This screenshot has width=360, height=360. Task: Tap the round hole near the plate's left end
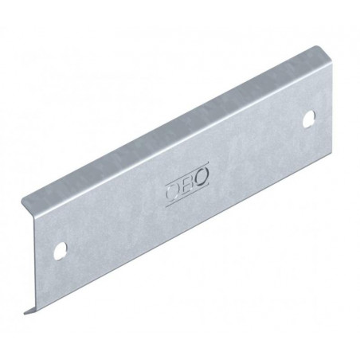pos(61,250)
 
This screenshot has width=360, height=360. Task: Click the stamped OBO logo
pos(187,184)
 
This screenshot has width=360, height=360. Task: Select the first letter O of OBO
pos(173,191)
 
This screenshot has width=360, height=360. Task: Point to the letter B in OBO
pos(187,184)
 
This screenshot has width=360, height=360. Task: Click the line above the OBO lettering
pos(186,173)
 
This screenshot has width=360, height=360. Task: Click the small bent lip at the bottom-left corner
pos(30,311)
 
